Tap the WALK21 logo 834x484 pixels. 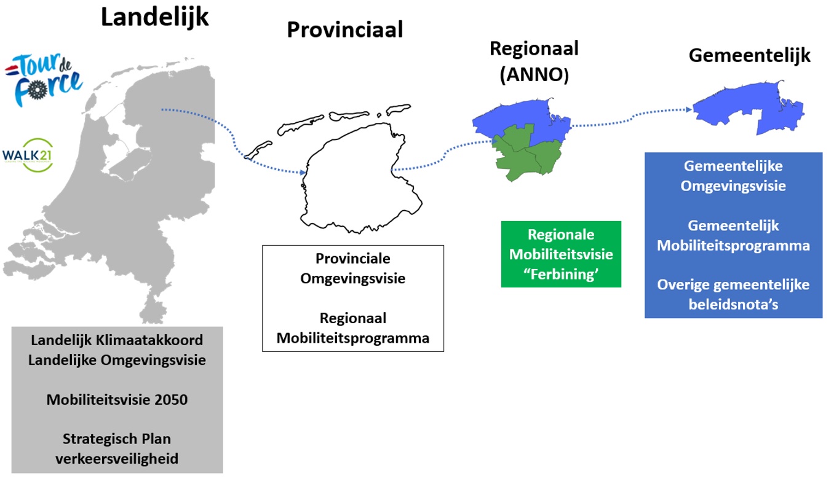coord(27,154)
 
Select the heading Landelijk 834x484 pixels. coord(155,17)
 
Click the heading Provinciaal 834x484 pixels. coord(344,29)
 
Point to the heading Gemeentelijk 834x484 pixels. coord(749,55)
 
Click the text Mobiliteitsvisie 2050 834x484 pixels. coord(117,400)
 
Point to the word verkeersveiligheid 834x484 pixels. coord(117,458)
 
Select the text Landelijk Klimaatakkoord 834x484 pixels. coord(117,340)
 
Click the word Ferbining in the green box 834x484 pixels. coord(561,274)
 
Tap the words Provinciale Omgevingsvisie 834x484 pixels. coord(352,268)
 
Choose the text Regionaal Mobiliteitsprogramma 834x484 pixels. coord(352,328)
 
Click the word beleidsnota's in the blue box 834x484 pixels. coord(733,304)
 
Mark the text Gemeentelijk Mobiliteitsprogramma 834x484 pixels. coord(733,235)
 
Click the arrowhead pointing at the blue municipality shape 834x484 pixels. coord(688,109)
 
